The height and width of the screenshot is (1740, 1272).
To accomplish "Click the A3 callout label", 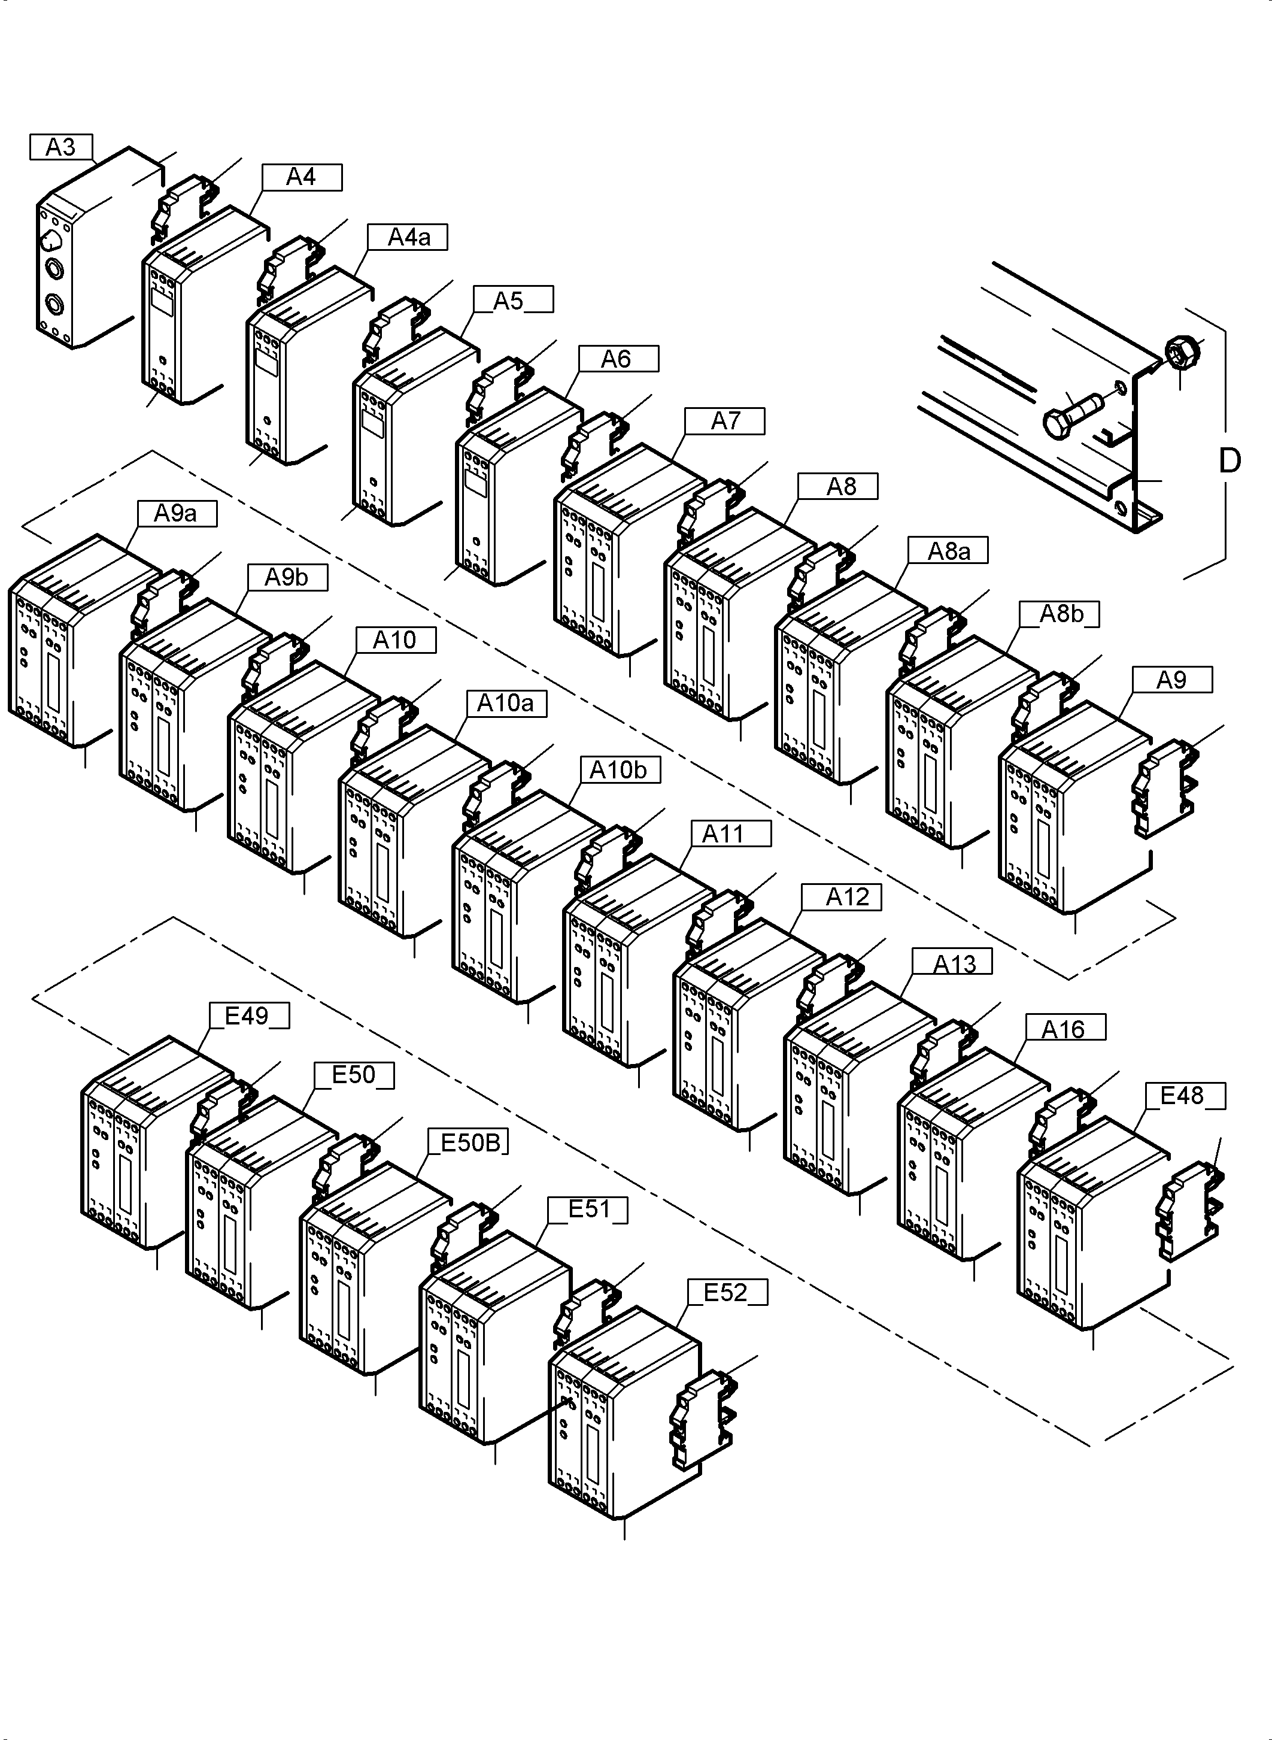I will pos(61,146).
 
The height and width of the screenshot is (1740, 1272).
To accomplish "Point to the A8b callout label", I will pos(1060,614).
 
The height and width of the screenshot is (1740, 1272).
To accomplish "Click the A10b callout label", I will pos(619,770).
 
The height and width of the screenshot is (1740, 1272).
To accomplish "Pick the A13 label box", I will pos(952,963).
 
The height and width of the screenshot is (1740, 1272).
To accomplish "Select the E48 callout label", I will pos(1182,1095).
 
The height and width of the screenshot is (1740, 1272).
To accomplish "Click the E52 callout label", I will pos(726,1293).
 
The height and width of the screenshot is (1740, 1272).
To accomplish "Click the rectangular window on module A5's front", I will pos(374,422).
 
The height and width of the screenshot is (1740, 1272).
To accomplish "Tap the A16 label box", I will pos(1064,1029).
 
